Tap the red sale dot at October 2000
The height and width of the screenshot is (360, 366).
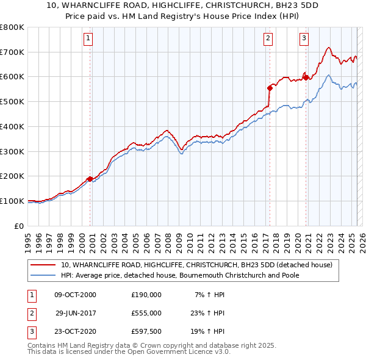[90, 179]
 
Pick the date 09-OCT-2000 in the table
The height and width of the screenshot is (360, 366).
[75, 294]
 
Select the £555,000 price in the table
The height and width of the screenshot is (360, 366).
[146, 313]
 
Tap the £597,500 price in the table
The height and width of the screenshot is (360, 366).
[146, 332]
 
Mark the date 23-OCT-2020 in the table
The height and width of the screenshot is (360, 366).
[75, 332]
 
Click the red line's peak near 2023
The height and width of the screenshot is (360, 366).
[328, 48]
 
